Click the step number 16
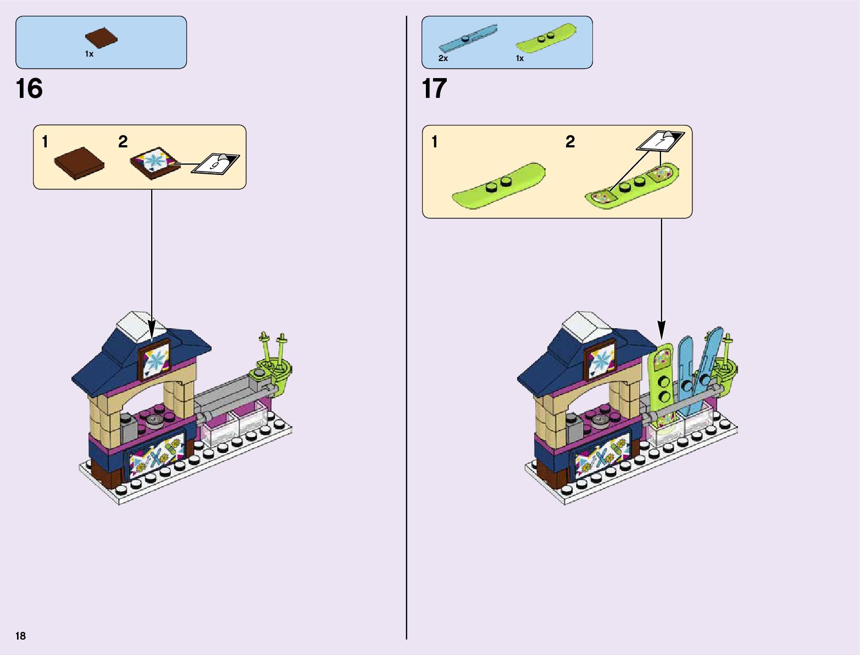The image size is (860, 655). tap(29, 89)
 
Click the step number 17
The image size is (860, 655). tap(434, 89)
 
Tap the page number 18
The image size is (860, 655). tap(20, 636)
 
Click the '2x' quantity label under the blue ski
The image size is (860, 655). tap(443, 58)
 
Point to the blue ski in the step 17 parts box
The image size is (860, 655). tap(468, 38)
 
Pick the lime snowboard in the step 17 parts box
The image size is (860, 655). tap(546, 38)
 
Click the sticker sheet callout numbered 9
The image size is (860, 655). tap(215, 163)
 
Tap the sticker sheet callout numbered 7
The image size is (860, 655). tap(661, 141)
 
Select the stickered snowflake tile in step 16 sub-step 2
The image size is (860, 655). tap(156, 162)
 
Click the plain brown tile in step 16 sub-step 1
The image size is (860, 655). tap(79, 163)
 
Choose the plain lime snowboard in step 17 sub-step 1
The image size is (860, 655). tap(498, 185)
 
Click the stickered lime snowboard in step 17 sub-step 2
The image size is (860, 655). tap(632, 184)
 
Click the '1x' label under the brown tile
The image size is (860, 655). tap(89, 54)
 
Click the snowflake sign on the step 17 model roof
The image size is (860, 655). tap(599, 361)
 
